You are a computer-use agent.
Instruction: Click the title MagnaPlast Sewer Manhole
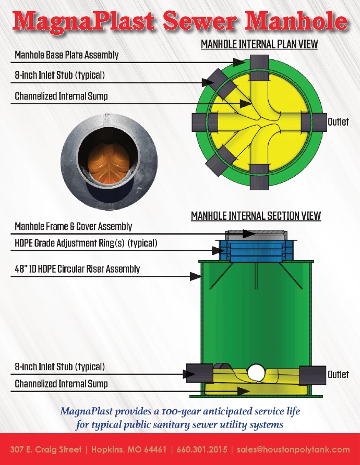tap(180, 21)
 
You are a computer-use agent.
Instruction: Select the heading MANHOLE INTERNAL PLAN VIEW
tap(259, 44)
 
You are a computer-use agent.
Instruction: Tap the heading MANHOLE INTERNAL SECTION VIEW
tap(256, 216)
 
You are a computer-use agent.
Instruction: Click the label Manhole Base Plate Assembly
tap(66, 55)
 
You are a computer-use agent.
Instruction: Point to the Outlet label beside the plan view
tap(338, 122)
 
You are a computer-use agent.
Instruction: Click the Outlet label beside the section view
tap(338, 374)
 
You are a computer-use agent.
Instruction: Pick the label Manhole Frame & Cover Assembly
tap(74, 226)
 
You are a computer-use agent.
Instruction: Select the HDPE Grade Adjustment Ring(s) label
tap(86, 243)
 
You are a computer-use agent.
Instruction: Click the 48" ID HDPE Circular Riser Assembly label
tap(77, 269)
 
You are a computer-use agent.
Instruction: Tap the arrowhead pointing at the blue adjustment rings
tap(218, 251)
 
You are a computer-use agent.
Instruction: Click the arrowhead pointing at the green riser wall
tap(196, 276)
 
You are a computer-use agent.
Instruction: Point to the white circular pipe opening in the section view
tap(256, 373)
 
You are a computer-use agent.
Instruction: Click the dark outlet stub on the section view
tap(313, 375)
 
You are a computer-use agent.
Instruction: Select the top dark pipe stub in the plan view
tap(259, 68)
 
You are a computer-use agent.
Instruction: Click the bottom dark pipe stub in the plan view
tap(259, 177)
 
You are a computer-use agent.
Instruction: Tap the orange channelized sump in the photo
tap(109, 162)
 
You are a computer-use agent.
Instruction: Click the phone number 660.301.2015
tap(202, 449)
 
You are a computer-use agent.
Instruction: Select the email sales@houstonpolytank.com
tap(293, 449)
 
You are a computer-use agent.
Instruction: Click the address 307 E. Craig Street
tap(46, 449)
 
